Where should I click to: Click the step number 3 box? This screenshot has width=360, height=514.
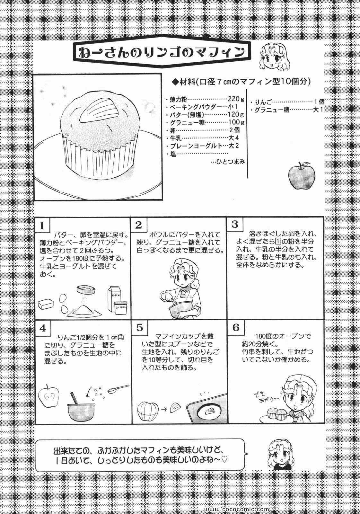pos(235,224)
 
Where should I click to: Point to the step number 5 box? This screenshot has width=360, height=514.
pos(140,327)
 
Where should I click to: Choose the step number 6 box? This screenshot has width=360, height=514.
pos(236,327)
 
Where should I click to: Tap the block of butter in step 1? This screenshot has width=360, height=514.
pos(46,304)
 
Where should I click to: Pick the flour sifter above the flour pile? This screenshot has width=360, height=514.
pos(86,289)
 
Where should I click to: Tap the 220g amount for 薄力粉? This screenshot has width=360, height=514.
pos(236,99)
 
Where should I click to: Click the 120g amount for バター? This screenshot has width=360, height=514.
pos(236,114)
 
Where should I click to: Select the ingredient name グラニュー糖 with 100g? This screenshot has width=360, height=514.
pos(187,122)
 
